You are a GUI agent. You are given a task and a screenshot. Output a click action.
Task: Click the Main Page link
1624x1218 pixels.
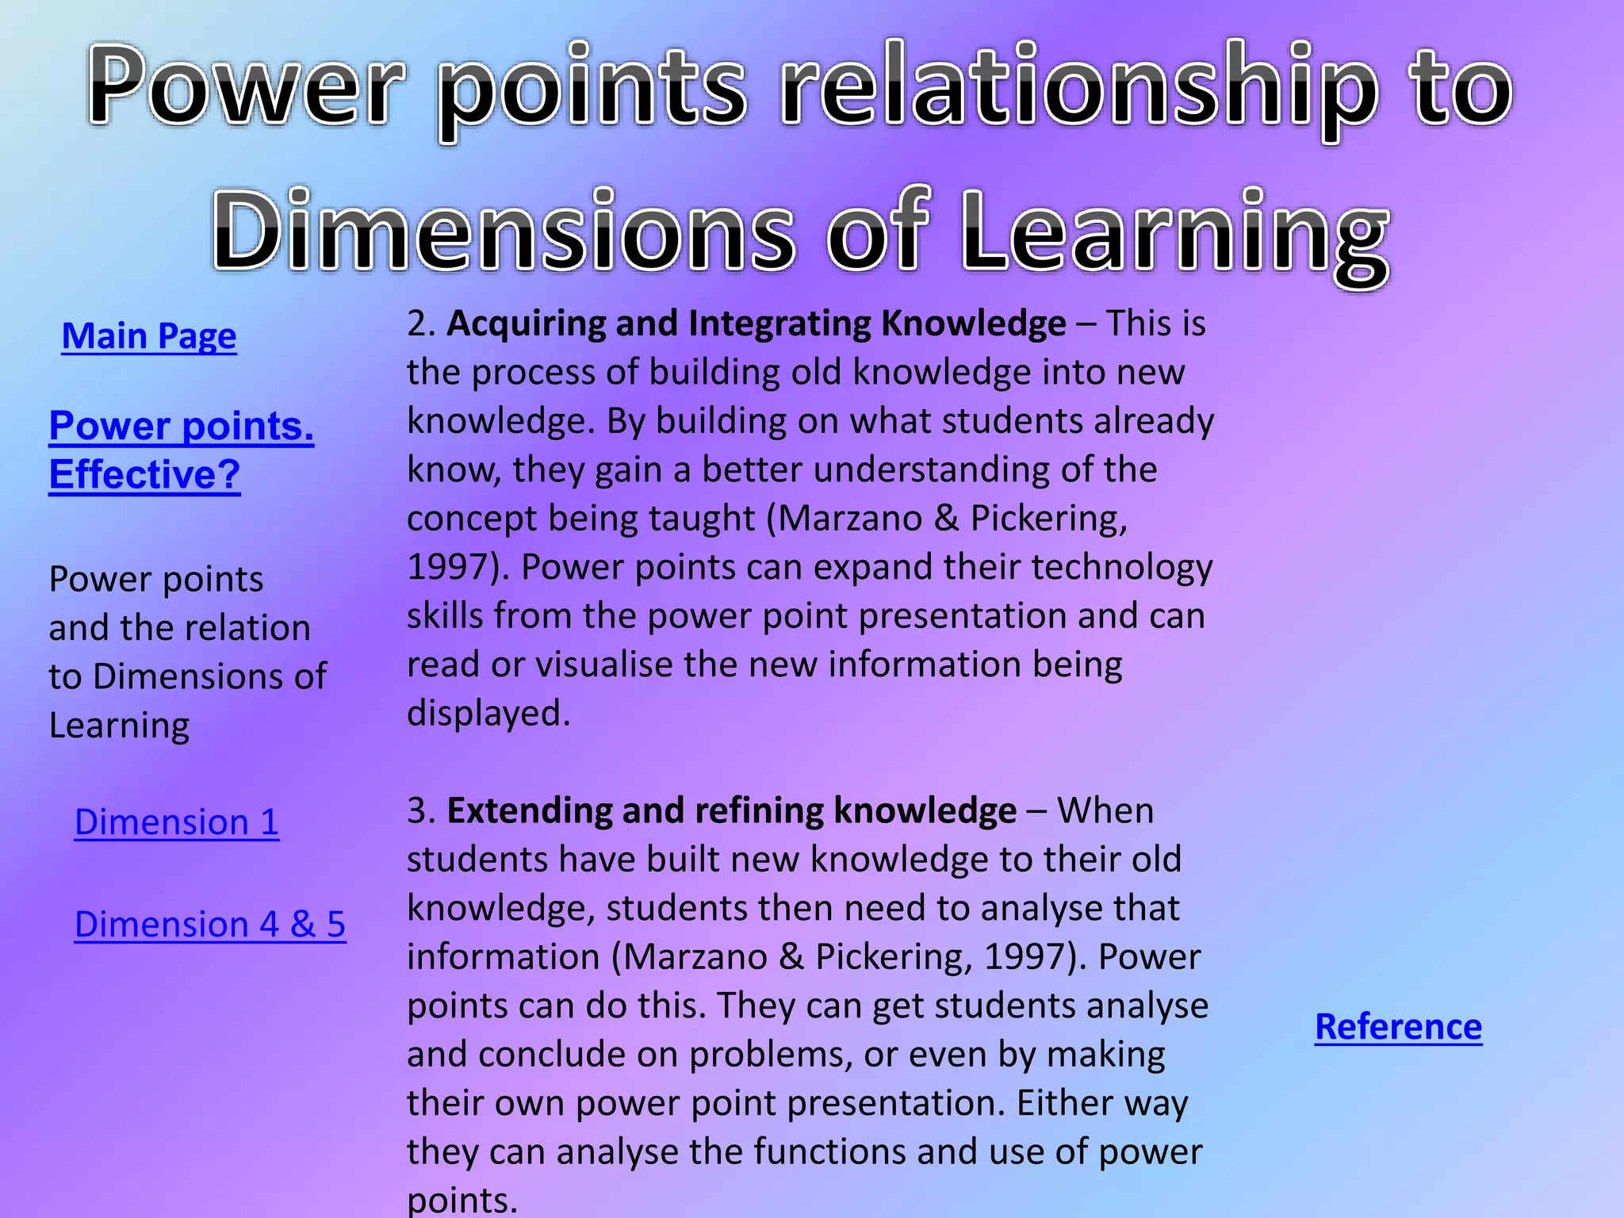pyautogui.click(x=149, y=336)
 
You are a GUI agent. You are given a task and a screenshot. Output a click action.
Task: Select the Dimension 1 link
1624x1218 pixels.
pyautogui.click(x=176, y=822)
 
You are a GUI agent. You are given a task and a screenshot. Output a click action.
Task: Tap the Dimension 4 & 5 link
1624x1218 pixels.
pyautogui.click(x=210, y=925)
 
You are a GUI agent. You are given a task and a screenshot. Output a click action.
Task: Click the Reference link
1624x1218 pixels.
pyautogui.click(x=1398, y=1027)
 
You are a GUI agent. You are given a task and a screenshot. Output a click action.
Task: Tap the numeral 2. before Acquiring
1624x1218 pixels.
pyautogui.click(x=421, y=324)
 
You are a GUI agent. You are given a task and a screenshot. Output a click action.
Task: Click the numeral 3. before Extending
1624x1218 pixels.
pyautogui.click(x=421, y=811)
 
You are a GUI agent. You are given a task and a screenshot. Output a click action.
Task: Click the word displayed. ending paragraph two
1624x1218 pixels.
pyautogui.click(x=488, y=714)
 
